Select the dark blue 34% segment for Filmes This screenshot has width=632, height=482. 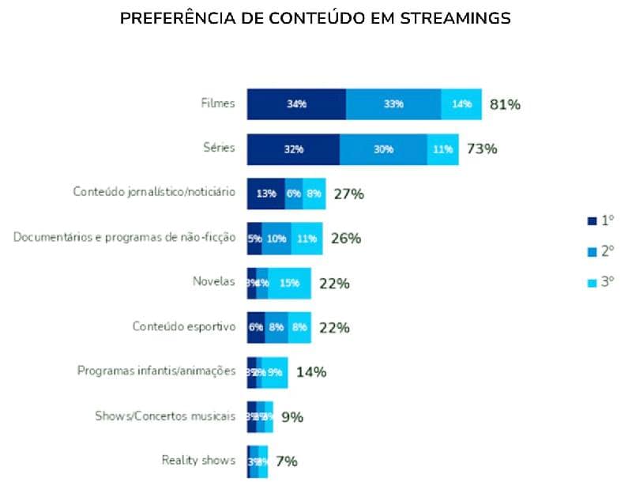296,104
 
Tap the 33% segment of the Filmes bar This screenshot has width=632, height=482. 393,104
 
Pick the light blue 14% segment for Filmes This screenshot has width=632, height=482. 461,104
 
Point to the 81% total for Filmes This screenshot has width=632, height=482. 505,104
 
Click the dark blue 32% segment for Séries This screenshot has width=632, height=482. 293,149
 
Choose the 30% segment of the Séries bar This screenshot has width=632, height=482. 383,149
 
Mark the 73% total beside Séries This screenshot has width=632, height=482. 481,149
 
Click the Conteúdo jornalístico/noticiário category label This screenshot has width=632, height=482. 154,192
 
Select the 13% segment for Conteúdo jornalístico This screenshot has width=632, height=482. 266,194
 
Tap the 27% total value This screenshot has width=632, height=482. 348,194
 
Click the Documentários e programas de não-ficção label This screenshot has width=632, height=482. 124,237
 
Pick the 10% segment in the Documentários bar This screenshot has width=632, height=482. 276,239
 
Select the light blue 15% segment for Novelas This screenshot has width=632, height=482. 290,283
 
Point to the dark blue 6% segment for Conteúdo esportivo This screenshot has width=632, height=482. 256,328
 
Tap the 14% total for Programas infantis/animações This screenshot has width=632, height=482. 311,372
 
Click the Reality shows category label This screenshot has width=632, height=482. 198,461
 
